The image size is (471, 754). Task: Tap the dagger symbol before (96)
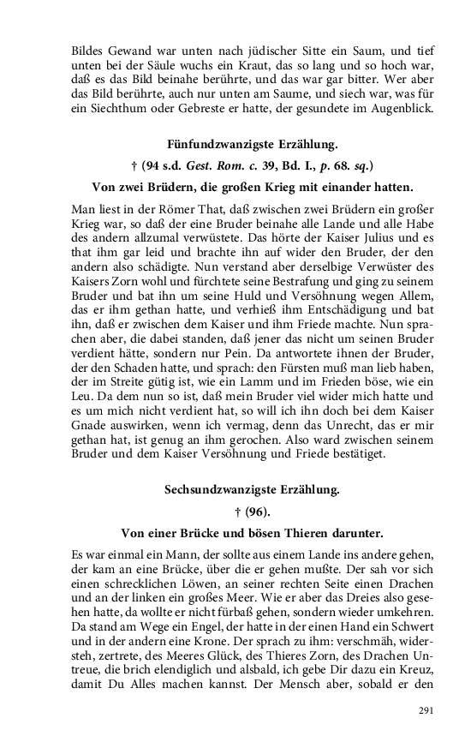point(227,512)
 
